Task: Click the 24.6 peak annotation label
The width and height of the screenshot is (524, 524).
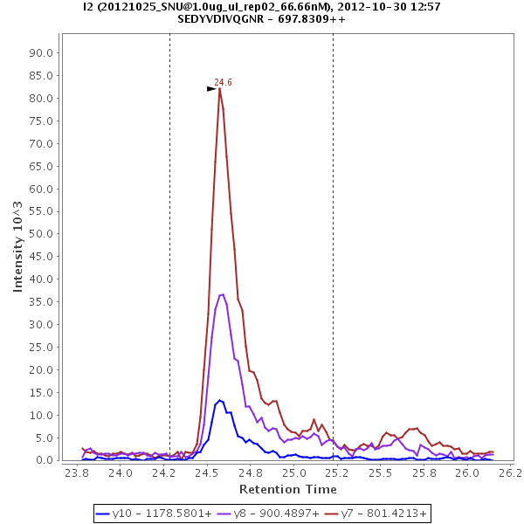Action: pos(223,82)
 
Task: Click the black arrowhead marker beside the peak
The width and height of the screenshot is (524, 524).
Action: pos(211,88)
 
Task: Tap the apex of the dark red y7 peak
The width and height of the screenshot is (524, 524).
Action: pos(220,88)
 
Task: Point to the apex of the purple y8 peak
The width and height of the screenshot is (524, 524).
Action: pos(222,294)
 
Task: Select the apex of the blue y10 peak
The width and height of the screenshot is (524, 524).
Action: pos(220,400)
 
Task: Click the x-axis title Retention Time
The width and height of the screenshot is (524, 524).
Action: pos(287,490)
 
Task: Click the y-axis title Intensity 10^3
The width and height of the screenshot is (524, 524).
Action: pos(17,245)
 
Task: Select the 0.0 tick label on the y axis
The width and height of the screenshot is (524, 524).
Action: pos(45,460)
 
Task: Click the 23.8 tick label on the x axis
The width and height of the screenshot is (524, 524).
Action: pos(77,473)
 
